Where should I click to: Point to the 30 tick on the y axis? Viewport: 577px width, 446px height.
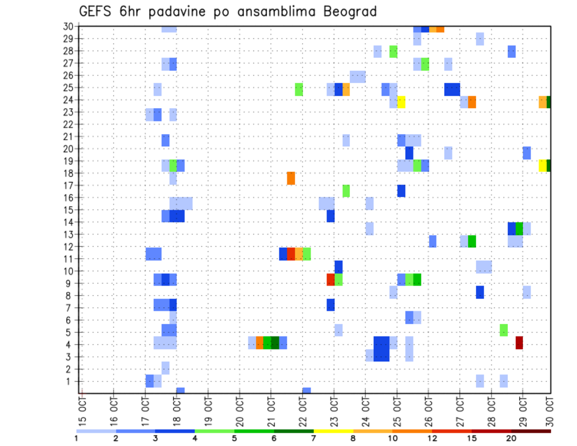pos(68,26)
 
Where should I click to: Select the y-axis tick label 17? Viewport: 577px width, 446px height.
pos(68,185)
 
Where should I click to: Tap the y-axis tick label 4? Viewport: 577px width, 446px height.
pos(70,345)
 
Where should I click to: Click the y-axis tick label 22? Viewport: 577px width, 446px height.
pos(68,124)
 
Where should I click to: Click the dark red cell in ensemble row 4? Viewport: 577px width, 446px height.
pos(519,343)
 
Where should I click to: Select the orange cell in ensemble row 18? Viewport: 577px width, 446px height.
pos(291,178)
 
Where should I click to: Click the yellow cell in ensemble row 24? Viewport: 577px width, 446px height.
pos(401,102)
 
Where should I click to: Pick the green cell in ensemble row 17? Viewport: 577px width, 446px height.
pos(346,191)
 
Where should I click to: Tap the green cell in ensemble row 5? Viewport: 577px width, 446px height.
pos(504,330)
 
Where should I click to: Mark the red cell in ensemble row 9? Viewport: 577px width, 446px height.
pos(331,280)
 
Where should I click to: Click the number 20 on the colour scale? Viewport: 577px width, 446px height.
pos(511,438)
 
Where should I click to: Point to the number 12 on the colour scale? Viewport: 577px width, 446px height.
pos(432,438)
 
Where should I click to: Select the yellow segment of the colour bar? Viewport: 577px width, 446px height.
pos(334,431)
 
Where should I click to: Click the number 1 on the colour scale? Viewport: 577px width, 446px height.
pos(76,438)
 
